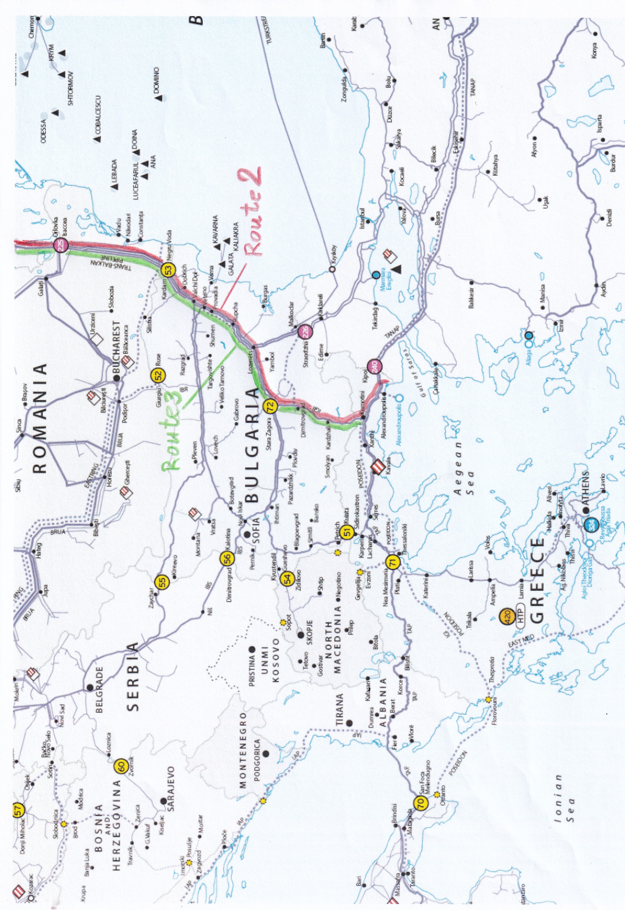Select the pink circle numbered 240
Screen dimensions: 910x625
[x=374, y=366]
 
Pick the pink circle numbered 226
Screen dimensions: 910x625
[x=305, y=332]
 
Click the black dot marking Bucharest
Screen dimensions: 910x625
[x=116, y=378]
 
